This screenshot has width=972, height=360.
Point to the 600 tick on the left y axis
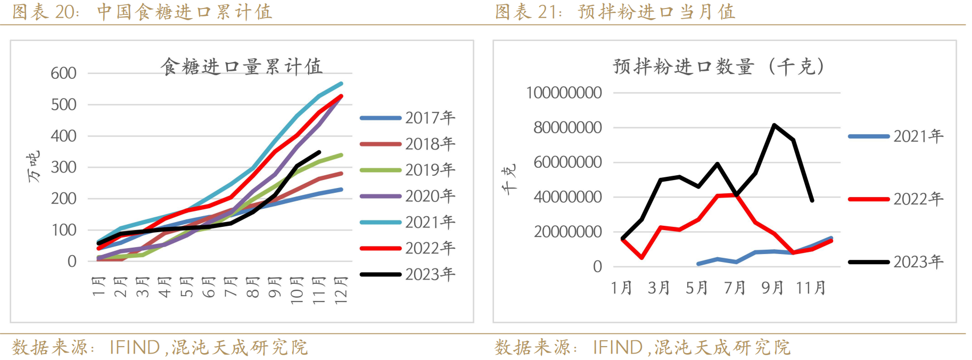point(63,73)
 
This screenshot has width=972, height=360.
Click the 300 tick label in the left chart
point(63,167)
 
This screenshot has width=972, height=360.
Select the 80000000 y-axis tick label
point(567,128)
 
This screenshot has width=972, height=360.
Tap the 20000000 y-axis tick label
point(567,232)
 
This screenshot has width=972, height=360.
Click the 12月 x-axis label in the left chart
point(341,290)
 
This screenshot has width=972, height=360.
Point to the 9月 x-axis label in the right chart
point(772,288)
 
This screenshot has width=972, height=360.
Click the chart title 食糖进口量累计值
point(241,67)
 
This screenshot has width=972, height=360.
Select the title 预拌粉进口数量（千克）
point(719,67)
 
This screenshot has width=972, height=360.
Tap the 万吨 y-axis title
point(34,167)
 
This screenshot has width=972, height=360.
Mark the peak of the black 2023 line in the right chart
point(773,125)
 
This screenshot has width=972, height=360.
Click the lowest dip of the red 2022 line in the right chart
point(642,258)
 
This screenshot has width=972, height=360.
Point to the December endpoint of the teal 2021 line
point(341,84)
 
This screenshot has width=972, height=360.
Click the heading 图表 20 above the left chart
point(45,12)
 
